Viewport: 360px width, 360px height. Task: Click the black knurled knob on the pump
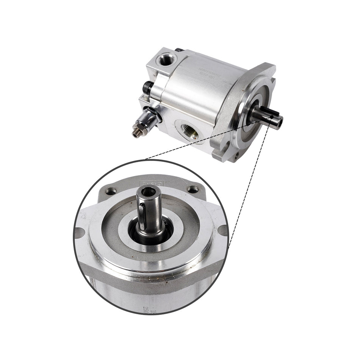tap(148, 87)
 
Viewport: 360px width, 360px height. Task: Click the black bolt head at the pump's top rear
tap(179, 50)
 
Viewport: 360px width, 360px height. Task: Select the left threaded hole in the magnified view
tap(111, 191)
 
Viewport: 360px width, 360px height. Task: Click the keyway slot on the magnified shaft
tap(141, 216)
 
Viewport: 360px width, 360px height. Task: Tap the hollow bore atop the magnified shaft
tap(149, 191)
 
